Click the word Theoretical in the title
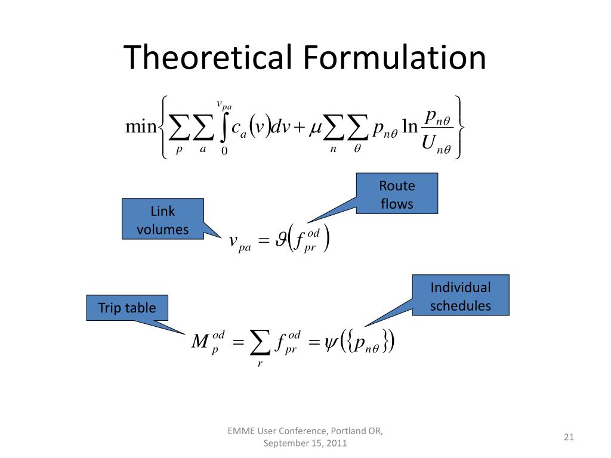pos(208,58)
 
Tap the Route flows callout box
pos(397,194)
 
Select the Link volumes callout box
pos(163,220)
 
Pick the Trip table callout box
pos(126,308)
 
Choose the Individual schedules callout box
pos(460,296)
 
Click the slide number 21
pos(568,437)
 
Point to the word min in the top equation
pos(141,127)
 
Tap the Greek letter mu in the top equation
pos(316,128)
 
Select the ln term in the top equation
pos(410,128)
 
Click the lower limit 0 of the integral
pos(224,151)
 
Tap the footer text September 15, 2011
pos(305,443)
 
